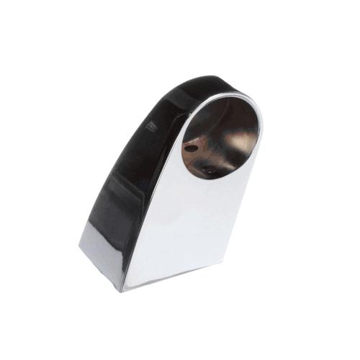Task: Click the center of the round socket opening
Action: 219,138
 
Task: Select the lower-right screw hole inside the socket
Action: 208,171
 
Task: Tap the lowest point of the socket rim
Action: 205,180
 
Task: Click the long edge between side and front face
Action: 148,216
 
